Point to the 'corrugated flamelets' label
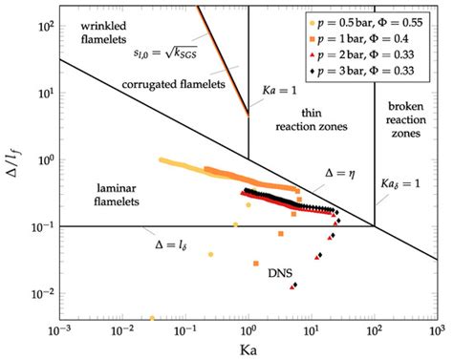(x=172, y=84)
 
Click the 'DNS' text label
(x=279, y=272)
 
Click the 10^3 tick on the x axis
(x=435, y=329)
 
